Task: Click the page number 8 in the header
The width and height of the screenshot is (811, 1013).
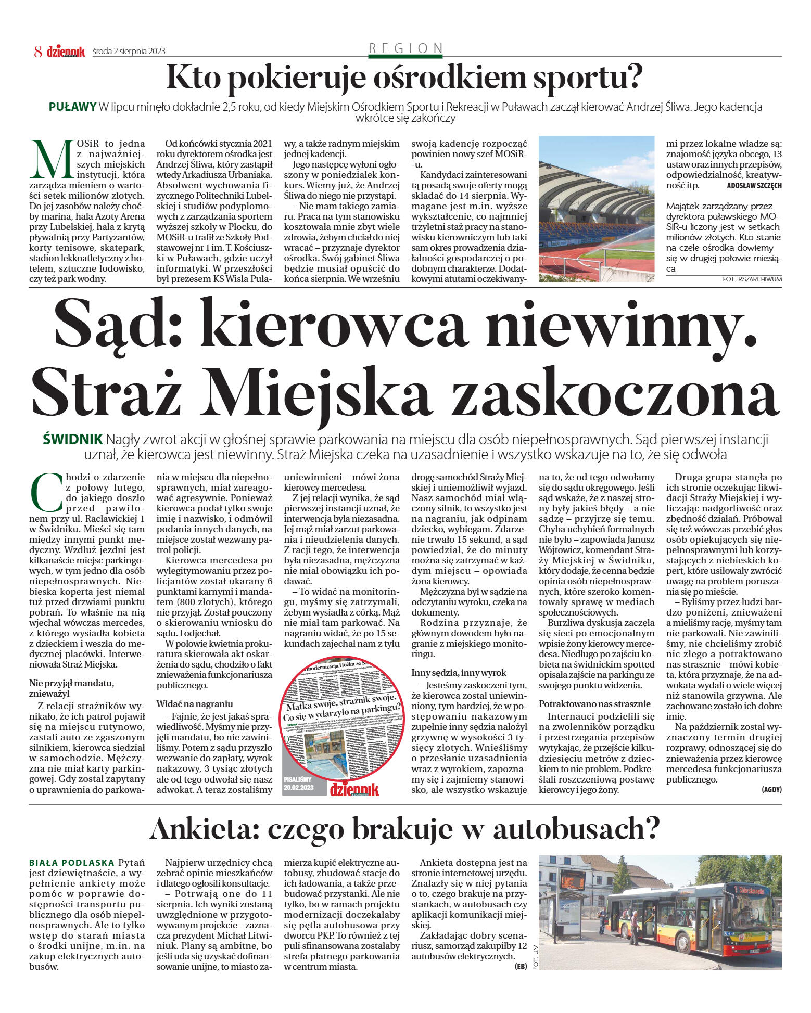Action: pos(37,52)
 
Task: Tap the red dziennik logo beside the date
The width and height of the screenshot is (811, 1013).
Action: pos(66,52)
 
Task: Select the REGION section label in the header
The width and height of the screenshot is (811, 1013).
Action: pos(405,48)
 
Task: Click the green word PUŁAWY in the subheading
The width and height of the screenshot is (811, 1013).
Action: pos(72,107)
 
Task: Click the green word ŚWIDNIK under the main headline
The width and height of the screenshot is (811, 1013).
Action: pos(72,440)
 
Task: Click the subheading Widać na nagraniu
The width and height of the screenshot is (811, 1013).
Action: pos(194,703)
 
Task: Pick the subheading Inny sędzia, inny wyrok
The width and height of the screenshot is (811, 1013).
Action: pos(459,672)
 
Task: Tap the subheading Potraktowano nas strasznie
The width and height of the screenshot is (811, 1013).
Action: pos(594,703)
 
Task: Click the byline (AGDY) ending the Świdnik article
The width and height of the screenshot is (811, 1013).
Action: pos(771,789)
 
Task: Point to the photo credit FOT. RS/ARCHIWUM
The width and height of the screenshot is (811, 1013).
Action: pos(752,279)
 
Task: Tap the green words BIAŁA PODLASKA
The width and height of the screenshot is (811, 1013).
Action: pos(72,863)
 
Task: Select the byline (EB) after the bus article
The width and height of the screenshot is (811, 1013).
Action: pos(521,967)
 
